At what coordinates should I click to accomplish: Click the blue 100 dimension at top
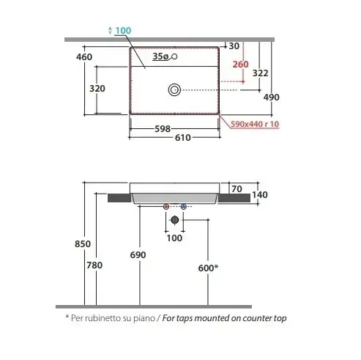(x=123, y=31)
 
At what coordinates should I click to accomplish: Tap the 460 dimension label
(x=84, y=57)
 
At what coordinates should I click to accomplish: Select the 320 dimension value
(x=97, y=89)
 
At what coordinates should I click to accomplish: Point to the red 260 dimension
(x=240, y=65)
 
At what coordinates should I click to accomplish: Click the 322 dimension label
(x=260, y=73)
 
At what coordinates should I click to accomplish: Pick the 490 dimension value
(x=272, y=98)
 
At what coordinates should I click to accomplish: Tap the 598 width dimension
(x=163, y=129)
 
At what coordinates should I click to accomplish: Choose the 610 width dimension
(x=182, y=138)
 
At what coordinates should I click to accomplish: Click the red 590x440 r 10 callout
(x=255, y=124)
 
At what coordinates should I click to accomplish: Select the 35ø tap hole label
(x=160, y=56)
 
